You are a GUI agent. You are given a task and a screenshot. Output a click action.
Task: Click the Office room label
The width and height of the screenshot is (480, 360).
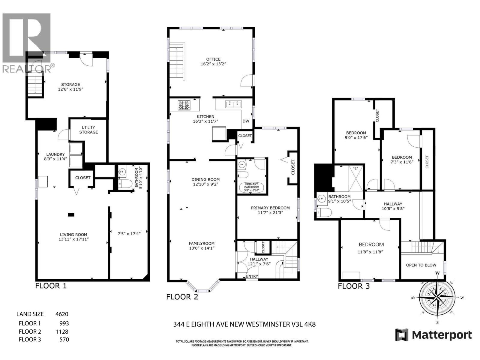[213, 59]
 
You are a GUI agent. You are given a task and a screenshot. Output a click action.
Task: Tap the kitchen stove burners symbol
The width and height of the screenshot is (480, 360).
[184, 105]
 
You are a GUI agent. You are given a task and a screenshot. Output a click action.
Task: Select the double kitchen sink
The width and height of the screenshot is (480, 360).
[233, 104]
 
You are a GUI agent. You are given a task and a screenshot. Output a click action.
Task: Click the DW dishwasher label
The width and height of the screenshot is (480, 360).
[246, 121]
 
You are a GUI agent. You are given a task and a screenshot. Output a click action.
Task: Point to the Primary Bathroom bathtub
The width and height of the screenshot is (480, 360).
[251, 187]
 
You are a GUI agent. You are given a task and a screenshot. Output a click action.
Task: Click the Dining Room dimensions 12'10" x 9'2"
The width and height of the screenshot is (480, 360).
[205, 184]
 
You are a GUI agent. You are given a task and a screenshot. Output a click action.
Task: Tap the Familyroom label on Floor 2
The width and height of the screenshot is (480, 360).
[202, 243]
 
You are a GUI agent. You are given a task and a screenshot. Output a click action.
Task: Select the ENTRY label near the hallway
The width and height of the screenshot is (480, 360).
[252, 276]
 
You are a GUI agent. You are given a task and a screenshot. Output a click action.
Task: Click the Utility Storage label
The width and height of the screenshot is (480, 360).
[88, 130]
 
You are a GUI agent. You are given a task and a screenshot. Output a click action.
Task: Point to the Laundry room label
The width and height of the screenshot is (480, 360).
[55, 154]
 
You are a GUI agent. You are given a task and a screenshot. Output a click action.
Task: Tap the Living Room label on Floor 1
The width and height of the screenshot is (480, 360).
[73, 235]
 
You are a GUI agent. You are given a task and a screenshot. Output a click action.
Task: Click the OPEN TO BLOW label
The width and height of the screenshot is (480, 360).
[421, 265]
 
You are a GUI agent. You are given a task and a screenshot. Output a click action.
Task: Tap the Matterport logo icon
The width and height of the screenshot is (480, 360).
[402, 335]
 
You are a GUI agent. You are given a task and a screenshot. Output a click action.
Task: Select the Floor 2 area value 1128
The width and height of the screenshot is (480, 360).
[62, 331]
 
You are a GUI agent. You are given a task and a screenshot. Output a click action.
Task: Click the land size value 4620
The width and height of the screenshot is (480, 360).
[62, 314]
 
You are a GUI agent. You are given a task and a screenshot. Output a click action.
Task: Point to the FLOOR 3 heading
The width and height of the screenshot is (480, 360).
[354, 286]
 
